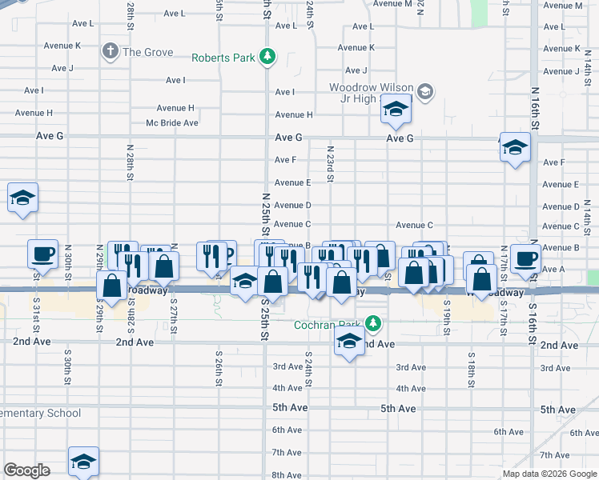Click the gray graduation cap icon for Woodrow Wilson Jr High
click(x=424, y=91)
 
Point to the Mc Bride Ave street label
click(x=171, y=122)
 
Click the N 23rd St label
click(x=329, y=163)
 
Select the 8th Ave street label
click(x=287, y=474)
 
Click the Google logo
click(x=26, y=470)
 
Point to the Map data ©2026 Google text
click(x=549, y=474)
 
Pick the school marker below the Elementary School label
click(x=83, y=460)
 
